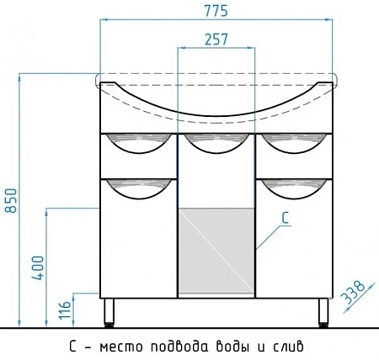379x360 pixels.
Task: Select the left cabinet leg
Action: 109,312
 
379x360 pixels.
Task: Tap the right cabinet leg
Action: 323,312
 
